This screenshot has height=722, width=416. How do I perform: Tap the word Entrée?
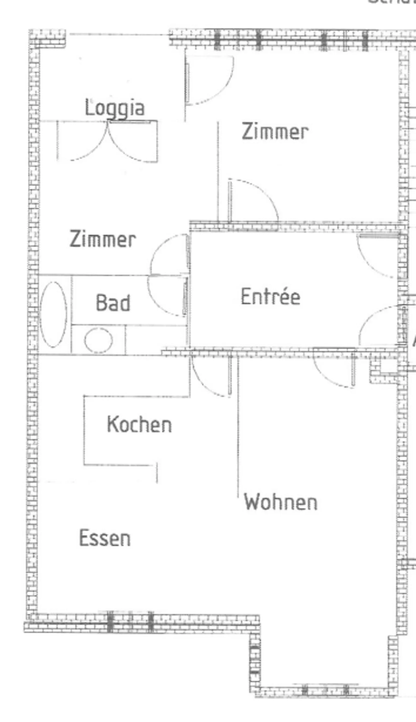(271, 296)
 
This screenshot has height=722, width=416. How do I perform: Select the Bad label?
(113, 303)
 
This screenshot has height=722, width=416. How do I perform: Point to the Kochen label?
(140, 425)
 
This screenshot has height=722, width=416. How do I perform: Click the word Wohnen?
(281, 502)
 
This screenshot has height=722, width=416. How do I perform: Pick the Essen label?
(105, 538)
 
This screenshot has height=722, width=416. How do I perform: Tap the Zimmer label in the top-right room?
(275, 132)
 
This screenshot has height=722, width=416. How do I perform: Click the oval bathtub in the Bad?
(53, 314)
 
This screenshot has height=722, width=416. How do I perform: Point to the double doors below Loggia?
(107, 141)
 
